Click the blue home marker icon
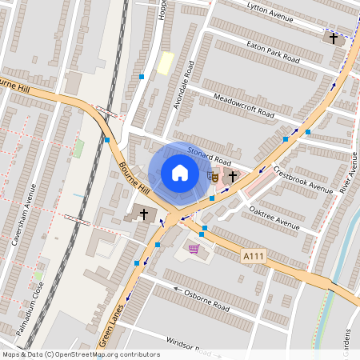pyautogui.click(x=179, y=173)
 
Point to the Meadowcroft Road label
pyautogui.click(x=243, y=105)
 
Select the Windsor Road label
pyautogui.click(x=193, y=346)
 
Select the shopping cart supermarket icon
pyautogui.click(x=193, y=250)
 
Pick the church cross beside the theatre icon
pyautogui.click(x=233, y=175)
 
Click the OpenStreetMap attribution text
pyautogui.click(x=80, y=354)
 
